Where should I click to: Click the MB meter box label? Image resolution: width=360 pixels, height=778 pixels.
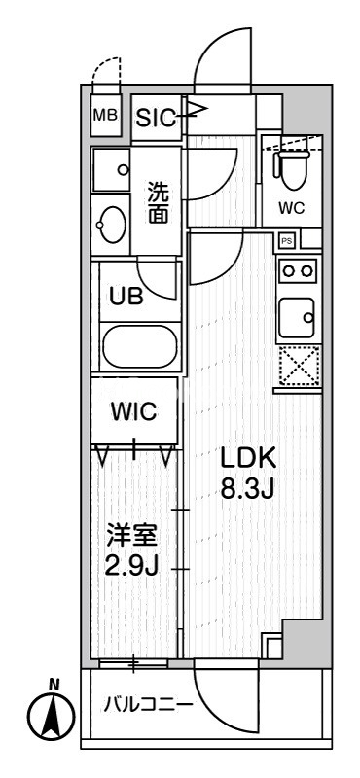point(104,115)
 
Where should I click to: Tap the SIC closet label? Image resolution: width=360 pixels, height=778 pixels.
point(156,118)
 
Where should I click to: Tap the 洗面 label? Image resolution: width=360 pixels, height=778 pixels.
point(157,202)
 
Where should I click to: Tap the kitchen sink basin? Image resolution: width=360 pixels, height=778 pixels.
point(297,315)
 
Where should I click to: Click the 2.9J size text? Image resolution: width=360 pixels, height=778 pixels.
point(131,566)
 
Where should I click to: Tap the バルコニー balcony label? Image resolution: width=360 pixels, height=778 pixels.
point(148,704)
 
